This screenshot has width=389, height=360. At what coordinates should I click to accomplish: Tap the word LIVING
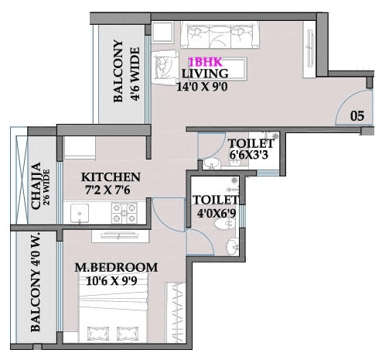(x=203, y=74)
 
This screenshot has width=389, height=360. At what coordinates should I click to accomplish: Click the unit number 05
(x=357, y=116)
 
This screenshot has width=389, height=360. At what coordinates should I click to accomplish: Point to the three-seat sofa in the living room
(x=215, y=35)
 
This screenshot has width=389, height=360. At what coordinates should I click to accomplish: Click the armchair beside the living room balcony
(x=164, y=67)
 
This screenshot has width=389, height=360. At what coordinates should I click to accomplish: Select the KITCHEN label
(x=111, y=176)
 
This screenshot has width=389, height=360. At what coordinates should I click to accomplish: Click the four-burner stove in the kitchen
(x=121, y=210)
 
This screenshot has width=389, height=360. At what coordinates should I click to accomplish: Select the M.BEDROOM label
(x=116, y=268)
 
